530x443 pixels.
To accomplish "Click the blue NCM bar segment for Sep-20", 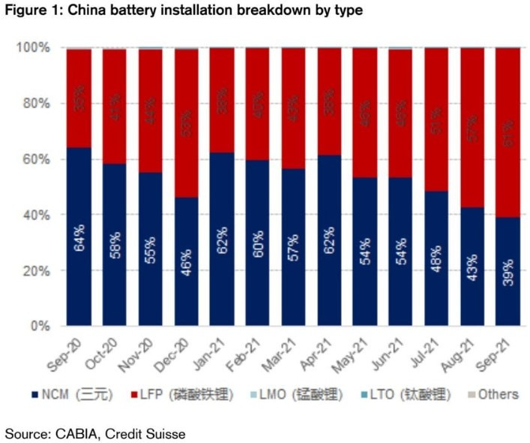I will [x=79, y=237].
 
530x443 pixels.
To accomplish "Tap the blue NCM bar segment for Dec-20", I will [x=187, y=262].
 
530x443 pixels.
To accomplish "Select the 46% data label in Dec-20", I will [x=187, y=264].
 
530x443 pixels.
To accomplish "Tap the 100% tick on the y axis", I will [x=33, y=48].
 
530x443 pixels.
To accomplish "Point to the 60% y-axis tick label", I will [x=36, y=160].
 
